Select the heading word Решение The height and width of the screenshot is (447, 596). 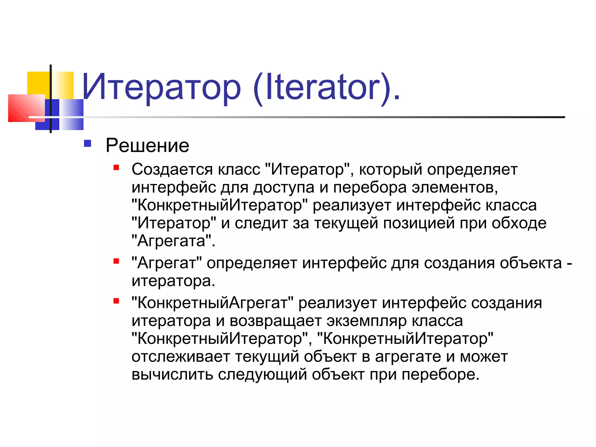[x=147, y=146]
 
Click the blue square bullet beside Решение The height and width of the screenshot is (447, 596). [x=87, y=143]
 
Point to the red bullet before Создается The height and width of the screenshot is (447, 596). [x=116, y=167]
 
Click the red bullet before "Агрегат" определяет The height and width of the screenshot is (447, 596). [x=116, y=261]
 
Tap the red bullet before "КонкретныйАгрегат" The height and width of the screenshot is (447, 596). [x=116, y=301]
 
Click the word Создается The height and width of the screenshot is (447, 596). [x=172, y=169]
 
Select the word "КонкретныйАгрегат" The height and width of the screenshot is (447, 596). [x=212, y=303]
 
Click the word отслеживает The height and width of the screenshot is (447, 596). [x=181, y=357]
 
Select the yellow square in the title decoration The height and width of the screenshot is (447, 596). [x=38, y=83]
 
